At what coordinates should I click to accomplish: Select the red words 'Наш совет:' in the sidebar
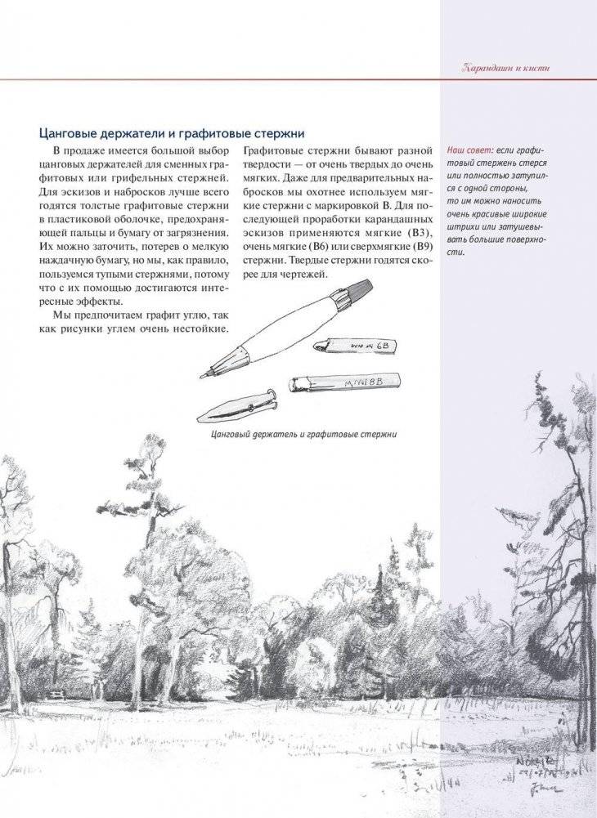coord(470,151)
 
